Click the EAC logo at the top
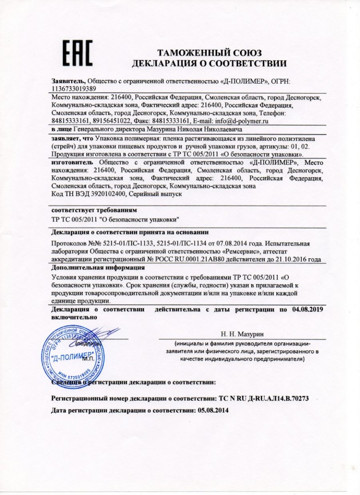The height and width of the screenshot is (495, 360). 78,54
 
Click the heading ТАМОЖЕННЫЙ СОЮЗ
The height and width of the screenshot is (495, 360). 209,53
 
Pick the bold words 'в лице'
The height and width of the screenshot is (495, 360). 62,130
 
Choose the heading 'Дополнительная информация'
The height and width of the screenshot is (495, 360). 98,267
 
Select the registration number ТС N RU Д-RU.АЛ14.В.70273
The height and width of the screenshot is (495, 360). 264,399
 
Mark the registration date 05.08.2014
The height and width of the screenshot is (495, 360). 215,410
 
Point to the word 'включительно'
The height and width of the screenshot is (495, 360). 74,317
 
